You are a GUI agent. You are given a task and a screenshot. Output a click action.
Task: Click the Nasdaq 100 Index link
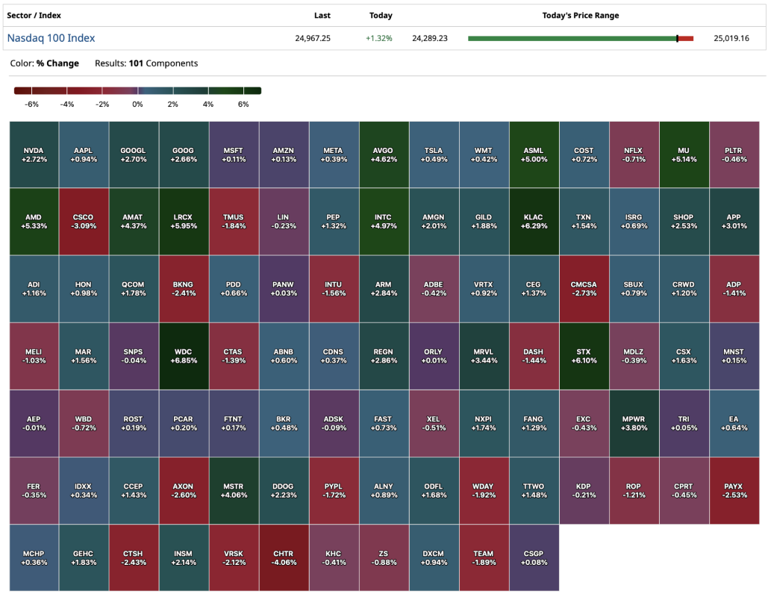[x=51, y=38]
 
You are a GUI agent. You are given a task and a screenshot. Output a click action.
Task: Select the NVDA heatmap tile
[x=34, y=154]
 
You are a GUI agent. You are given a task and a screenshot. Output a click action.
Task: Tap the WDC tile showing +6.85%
[x=184, y=356]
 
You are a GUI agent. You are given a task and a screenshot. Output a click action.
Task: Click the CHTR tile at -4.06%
[x=284, y=557]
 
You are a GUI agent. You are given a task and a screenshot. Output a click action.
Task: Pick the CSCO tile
[x=84, y=222]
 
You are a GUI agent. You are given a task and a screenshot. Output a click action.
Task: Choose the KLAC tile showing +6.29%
[x=534, y=222]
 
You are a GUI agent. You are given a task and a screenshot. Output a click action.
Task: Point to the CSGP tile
[x=534, y=557]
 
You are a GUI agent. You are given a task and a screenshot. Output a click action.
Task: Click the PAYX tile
[x=734, y=490]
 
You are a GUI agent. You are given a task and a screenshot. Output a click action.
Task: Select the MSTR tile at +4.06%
[x=234, y=490]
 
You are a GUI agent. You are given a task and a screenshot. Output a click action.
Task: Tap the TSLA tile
[x=434, y=154]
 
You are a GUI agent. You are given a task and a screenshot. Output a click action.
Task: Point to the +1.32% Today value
[x=379, y=38]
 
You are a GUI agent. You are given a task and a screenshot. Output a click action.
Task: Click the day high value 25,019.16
[x=731, y=38]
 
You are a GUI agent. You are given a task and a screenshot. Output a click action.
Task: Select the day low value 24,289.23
[x=430, y=38]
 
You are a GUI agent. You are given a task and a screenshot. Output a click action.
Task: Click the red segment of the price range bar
[x=686, y=38]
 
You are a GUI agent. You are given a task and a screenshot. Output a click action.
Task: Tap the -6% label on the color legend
[x=31, y=104]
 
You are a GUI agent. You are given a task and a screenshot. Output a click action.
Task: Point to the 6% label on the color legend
[x=243, y=104]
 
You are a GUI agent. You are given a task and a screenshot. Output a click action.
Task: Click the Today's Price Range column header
[x=580, y=15]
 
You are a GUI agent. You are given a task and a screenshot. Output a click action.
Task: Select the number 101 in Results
[x=136, y=63]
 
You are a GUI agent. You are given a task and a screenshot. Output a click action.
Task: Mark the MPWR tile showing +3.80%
[x=634, y=423]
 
